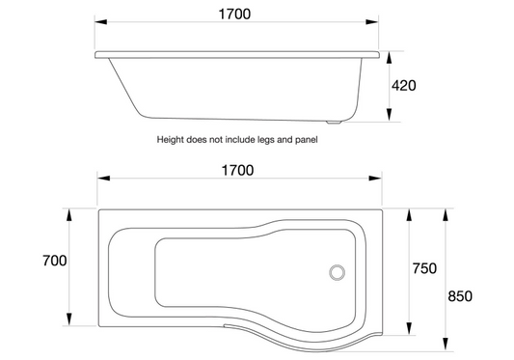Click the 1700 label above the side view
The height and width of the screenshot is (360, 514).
(237, 14)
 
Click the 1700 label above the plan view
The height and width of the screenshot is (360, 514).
(237, 171)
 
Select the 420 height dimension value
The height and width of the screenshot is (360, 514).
(402, 85)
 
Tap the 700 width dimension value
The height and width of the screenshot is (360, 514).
(54, 261)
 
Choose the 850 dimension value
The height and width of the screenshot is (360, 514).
(460, 296)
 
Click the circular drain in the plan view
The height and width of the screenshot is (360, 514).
(338, 273)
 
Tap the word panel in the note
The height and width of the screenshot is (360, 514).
(306, 139)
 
